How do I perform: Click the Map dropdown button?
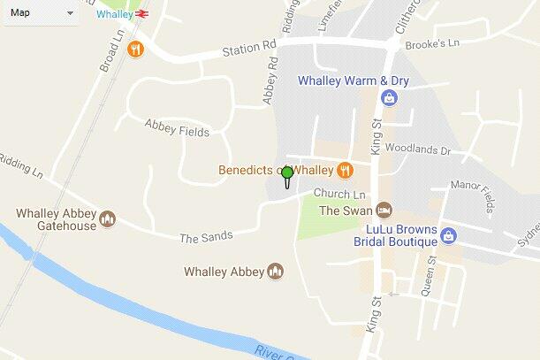point(42,12)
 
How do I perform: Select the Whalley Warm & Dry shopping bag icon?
point(388,97)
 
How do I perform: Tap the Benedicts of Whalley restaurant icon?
point(345,170)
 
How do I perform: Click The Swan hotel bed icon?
point(384,211)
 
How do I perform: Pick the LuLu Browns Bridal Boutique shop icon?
point(449,235)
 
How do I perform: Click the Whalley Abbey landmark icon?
point(276,272)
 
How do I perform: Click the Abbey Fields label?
point(177,129)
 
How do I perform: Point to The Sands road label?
point(206,236)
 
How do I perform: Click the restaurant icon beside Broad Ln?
point(135,50)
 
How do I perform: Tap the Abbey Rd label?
point(270,83)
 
